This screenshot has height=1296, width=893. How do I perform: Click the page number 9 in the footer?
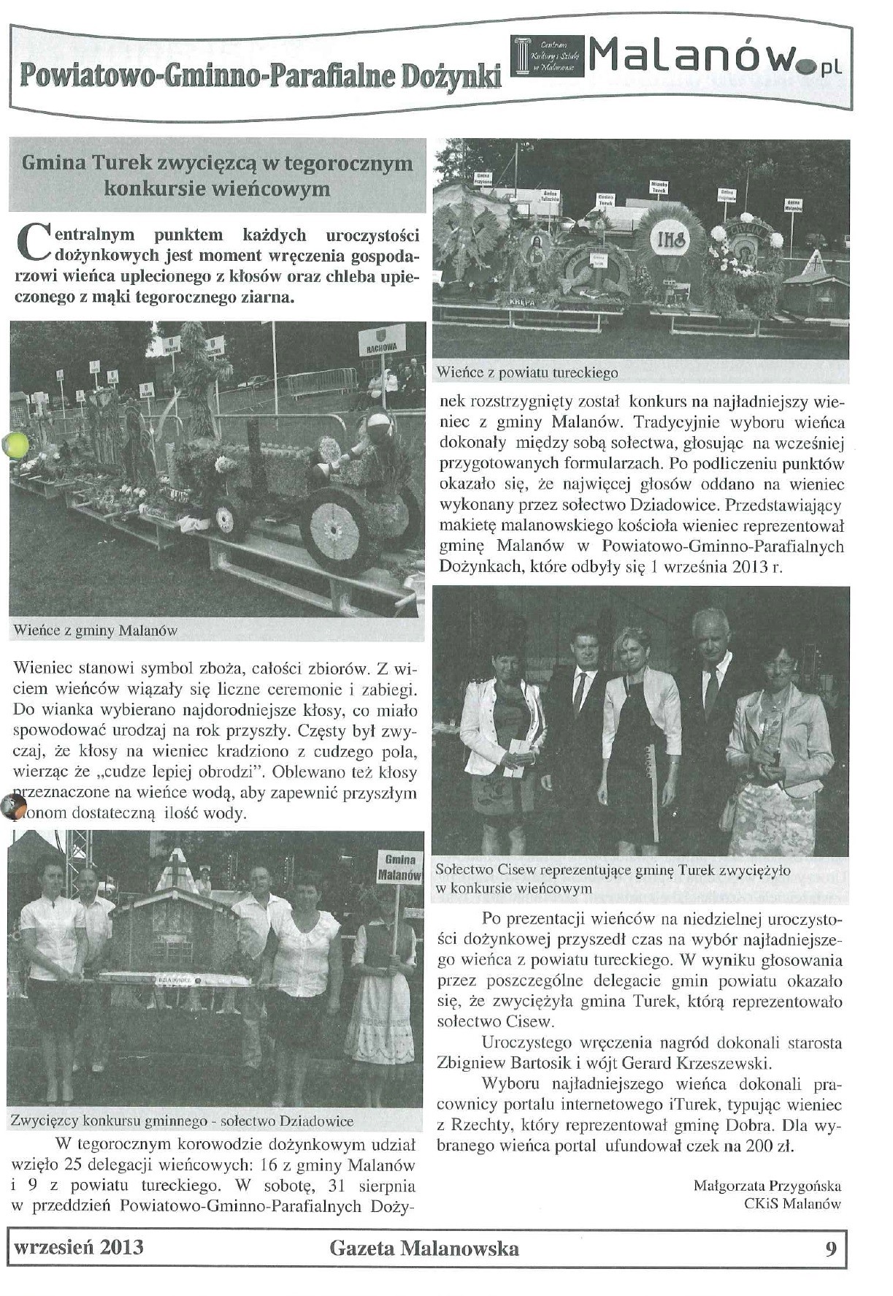click(x=831, y=1248)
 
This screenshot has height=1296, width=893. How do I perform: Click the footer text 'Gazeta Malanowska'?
click(x=424, y=1248)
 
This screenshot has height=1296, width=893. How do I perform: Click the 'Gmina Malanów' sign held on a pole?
click(x=399, y=867)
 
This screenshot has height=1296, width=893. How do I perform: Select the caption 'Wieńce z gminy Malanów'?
click(x=96, y=630)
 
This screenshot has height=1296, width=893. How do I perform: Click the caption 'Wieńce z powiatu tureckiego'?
click(x=527, y=373)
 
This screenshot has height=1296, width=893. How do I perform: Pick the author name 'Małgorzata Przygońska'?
click(x=767, y=1186)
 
